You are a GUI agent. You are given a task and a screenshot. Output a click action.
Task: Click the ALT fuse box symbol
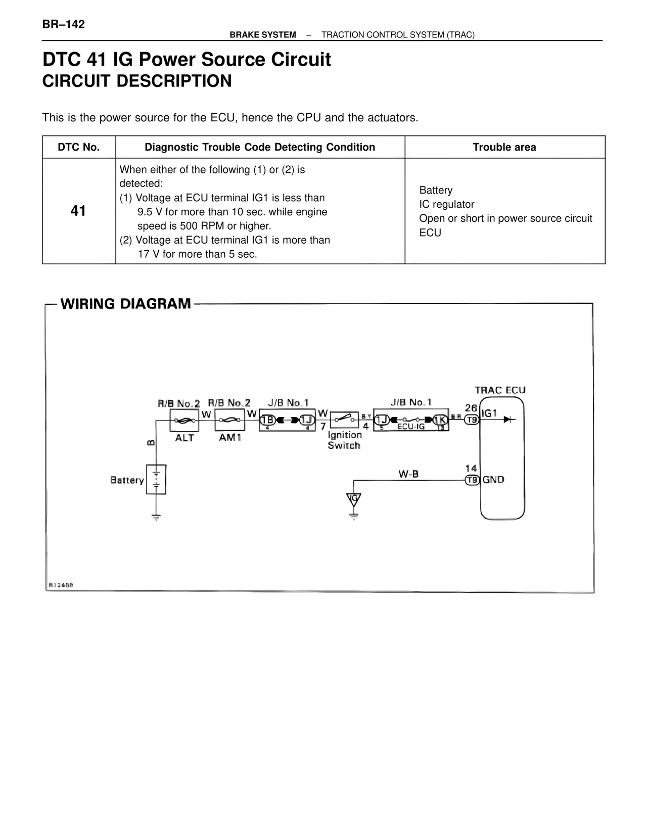pos(184,420)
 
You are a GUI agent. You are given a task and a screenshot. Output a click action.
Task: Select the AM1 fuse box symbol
pos(229,420)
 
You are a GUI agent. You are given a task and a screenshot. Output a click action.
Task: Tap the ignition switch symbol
pos(344,419)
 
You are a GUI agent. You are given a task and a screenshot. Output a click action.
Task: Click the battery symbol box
pos(156,479)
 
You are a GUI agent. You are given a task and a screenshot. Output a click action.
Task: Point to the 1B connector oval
pos(267,420)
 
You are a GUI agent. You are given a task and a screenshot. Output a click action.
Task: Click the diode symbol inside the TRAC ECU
pos(510,419)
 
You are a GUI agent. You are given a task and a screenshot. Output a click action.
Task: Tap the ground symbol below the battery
pos(156,517)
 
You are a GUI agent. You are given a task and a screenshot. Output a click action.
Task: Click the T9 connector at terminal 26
pos(472,420)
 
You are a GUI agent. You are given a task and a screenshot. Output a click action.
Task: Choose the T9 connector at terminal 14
pos(472,480)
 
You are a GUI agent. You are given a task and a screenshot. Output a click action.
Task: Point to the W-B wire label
pos(408,474)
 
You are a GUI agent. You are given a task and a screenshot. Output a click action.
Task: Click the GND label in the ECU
pos(493,480)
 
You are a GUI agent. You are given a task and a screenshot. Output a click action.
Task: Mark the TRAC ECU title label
pos(500,390)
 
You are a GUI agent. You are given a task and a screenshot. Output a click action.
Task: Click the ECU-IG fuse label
pos(410,427)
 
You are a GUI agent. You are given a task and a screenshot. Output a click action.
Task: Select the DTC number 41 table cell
pos(78,211)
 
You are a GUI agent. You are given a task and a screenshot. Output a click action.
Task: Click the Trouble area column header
pos(504,147)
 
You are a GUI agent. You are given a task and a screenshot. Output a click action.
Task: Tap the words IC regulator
pos(447,204)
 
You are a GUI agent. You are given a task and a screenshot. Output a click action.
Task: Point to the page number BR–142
pos(63,24)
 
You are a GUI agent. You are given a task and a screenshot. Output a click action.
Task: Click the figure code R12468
pos(61,585)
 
